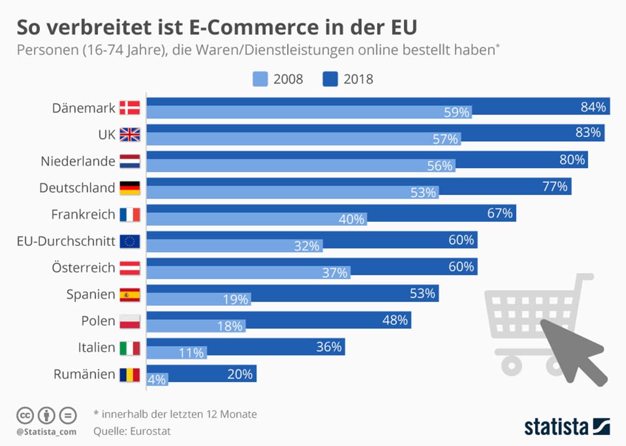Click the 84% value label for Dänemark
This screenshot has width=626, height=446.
tap(593, 107)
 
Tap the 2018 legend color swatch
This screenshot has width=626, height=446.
tap(330, 79)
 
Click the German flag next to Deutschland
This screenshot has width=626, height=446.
tap(130, 188)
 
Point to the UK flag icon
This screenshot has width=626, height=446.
tap(130, 135)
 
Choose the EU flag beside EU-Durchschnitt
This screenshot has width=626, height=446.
tap(130, 241)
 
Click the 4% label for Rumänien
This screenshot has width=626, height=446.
tap(156, 380)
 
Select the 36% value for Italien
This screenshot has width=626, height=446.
tap(329, 347)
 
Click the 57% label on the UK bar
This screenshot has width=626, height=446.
tap(445, 139)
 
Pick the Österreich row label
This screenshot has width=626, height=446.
tap(84, 268)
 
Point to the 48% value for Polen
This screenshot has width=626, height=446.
tap(395, 320)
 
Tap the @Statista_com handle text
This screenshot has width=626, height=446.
tap(47, 431)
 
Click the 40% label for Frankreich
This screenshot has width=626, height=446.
tap(351, 219)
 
